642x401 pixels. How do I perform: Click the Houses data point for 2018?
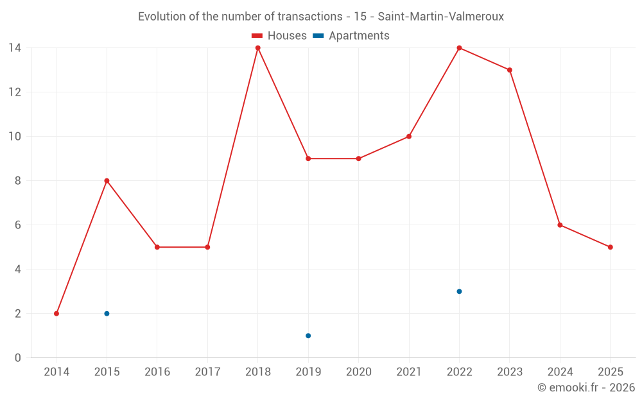pos(258,48)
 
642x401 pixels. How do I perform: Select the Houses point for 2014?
pos(56,314)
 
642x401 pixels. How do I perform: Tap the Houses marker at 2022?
pos(459,48)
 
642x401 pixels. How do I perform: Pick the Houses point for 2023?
pos(510,70)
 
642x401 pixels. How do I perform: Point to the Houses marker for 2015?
pos(107,181)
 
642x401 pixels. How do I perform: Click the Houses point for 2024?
pos(560,225)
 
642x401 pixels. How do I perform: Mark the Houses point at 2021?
pos(409,137)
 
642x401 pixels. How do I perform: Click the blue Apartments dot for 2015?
pos(107,314)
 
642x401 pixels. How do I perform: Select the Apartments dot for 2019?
pos(308,336)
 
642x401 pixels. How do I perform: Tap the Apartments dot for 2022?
pos(459,291)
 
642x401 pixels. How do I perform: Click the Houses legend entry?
pos(279,36)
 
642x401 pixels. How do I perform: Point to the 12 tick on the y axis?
pos(15,92)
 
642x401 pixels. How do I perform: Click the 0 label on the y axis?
pos(18,358)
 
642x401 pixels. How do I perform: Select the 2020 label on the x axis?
pos(359,372)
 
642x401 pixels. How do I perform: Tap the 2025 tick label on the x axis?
pos(611,372)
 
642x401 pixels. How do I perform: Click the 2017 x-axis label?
pos(207,372)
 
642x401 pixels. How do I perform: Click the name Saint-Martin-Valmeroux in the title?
pos(442,17)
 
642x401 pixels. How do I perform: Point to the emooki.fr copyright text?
pos(586,388)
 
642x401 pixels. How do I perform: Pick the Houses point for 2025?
pos(611,247)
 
